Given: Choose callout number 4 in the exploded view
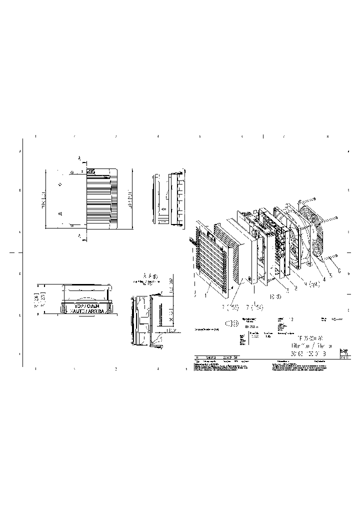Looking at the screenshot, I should pyautogui.click(x=323, y=279).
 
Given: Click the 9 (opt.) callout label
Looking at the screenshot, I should pyautogui.click(x=311, y=284).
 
